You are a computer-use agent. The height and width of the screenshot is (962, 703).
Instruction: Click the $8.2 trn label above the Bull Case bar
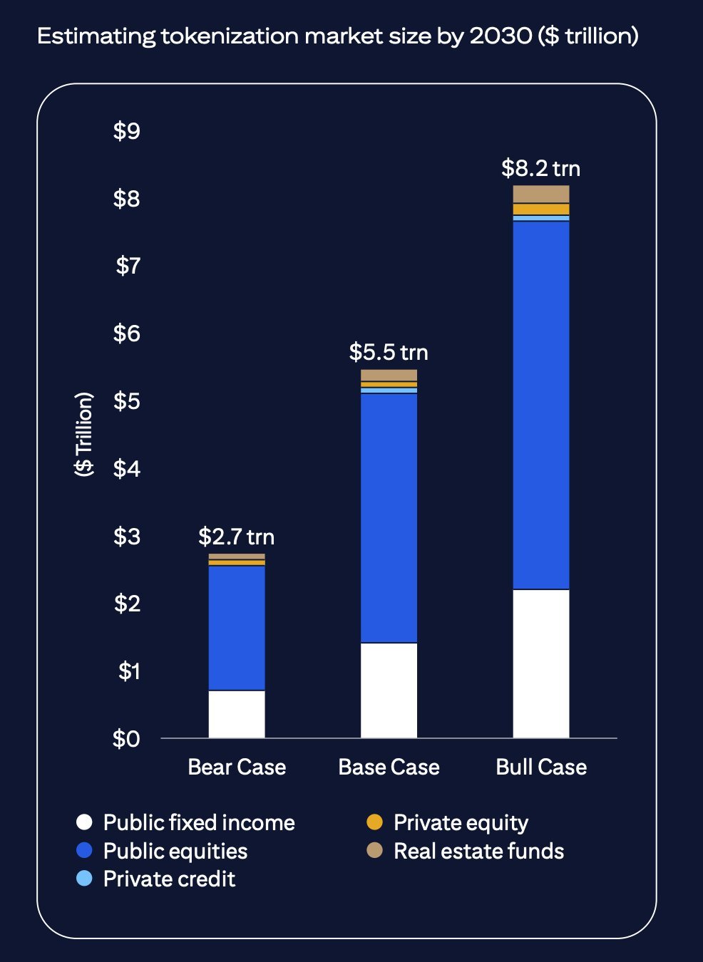[540, 168]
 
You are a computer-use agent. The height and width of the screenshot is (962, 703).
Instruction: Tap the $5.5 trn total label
[389, 352]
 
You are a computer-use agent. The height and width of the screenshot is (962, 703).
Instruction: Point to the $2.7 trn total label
[236, 537]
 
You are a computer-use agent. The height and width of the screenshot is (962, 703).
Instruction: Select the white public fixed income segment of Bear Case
[237, 714]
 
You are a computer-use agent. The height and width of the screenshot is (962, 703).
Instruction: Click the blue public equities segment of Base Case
[389, 518]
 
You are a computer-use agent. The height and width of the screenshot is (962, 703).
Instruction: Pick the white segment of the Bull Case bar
[541, 663]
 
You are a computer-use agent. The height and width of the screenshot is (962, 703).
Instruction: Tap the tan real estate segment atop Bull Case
[541, 194]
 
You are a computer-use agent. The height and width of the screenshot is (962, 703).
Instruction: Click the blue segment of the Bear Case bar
[237, 628]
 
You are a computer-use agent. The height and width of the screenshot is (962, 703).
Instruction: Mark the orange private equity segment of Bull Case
[541, 210]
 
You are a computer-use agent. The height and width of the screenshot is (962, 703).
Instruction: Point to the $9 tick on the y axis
[127, 130]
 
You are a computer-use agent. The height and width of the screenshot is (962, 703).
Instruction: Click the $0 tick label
[126, 739]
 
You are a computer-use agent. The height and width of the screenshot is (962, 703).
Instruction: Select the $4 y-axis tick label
[127, 469]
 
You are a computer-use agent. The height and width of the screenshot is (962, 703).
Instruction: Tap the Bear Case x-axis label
[237, 767]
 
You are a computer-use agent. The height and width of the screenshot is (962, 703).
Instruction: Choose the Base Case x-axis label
[389, 767]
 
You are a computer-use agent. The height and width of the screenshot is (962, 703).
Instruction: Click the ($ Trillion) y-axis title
[84, 434]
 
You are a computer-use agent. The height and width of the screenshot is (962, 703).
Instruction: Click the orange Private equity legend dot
[374, 822]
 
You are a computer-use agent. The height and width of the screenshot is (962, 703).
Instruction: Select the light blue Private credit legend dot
[84, 878]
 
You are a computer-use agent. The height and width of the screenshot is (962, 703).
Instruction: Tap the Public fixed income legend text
[199, 823]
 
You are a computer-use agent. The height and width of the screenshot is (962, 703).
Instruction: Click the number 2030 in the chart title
[501, 36]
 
